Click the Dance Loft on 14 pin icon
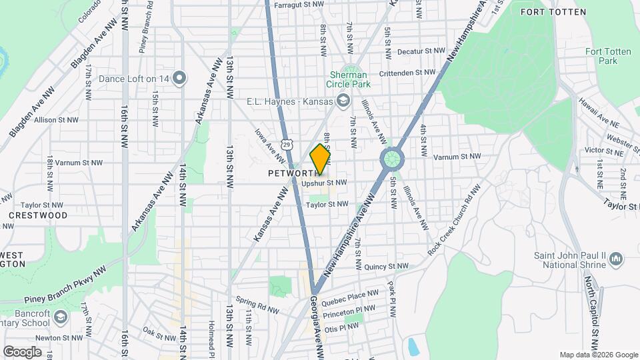pos(179,79)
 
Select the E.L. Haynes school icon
pos(343,101)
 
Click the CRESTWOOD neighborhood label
pos(38,216)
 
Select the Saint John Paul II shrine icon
pos(615,258)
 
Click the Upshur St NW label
pos(325,183)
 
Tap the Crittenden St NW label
pos(403,73)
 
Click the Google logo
pos(22,351)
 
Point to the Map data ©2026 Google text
pos(598,355)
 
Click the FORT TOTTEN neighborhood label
pos(563,12)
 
